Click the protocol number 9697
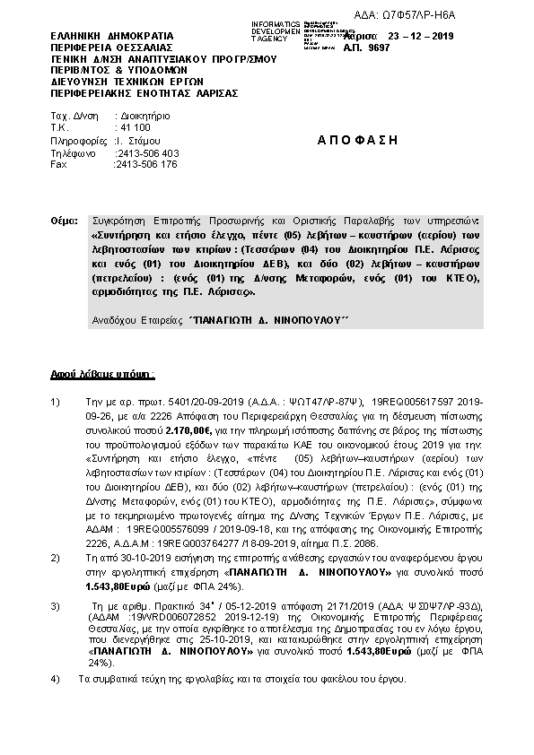tap(433, 50)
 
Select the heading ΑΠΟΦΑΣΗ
tap(356, 141)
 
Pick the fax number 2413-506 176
tap(147, 164)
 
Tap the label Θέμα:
tap(66, 221)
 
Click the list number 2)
tap(57, 558)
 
